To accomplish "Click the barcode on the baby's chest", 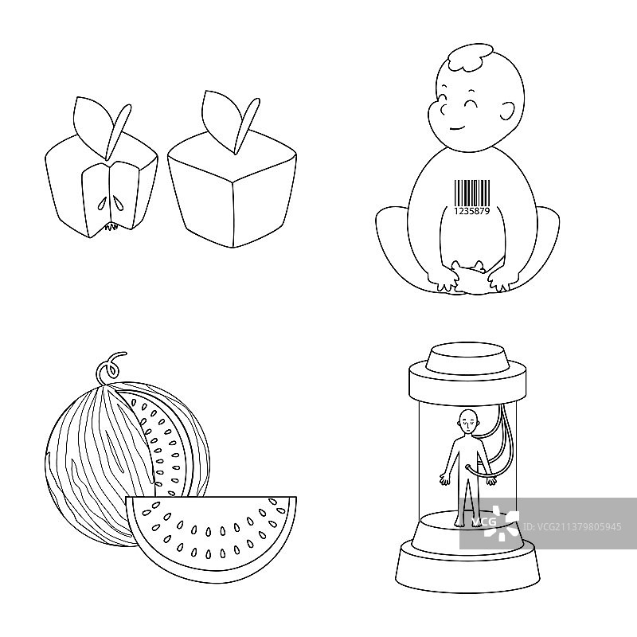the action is (471, 193).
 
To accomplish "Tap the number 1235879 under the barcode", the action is (471, 211).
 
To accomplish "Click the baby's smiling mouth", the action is (458, 128).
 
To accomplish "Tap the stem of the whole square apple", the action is (247, 125).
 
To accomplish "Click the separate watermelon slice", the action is (211, 537).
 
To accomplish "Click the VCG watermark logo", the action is (494, 523).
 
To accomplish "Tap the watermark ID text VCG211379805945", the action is (572, 527).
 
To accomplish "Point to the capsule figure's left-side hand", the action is (445, 481).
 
